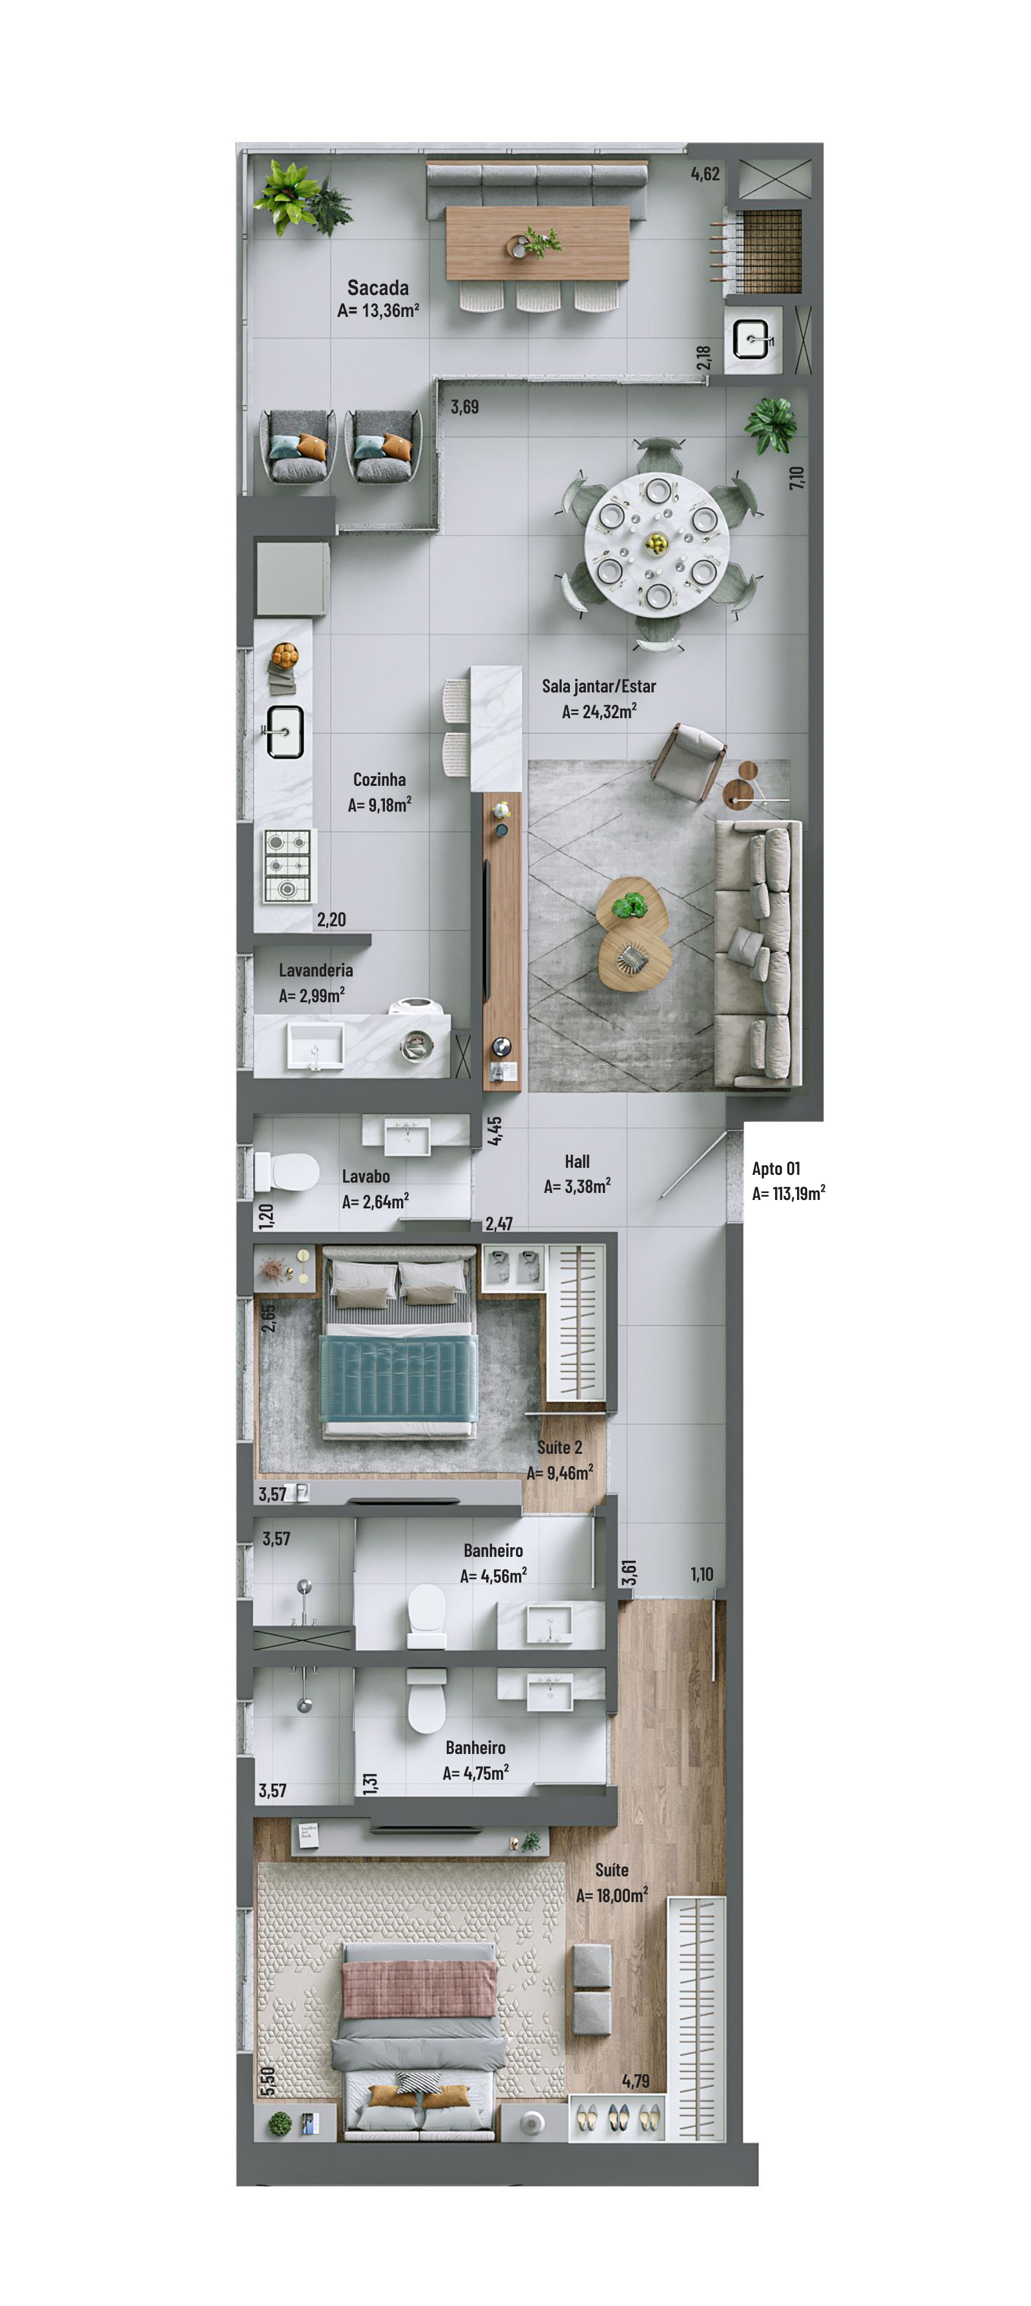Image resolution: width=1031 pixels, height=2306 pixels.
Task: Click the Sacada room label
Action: tap(378, 287)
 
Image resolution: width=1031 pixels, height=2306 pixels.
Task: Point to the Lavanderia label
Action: tap(315, 969)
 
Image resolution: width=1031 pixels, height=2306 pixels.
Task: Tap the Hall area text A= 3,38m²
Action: tap(577, 1186)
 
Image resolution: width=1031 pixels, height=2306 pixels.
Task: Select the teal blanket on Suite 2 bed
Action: tap(398, 1378)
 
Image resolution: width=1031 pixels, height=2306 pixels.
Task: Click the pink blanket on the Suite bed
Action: tap(419, 1988)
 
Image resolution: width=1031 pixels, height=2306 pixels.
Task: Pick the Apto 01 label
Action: tap(776, 1168)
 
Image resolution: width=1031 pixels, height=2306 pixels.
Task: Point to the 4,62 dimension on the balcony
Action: tap(705, 174)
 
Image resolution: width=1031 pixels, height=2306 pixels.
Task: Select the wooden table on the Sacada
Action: tap(538, 243)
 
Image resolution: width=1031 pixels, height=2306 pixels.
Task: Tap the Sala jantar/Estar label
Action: tap(598, 686)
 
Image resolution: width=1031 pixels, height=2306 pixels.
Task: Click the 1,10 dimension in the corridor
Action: tap(702, 1574)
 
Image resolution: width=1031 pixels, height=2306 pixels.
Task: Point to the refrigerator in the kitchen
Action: tap(292, 577)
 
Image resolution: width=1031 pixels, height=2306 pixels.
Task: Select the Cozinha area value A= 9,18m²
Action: tap(380, 804)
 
